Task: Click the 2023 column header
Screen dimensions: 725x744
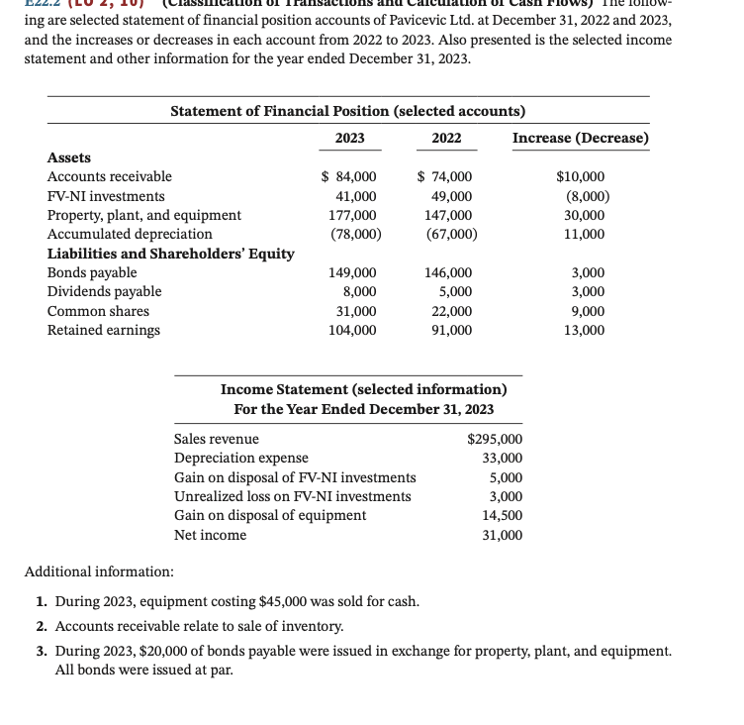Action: click(349, 138)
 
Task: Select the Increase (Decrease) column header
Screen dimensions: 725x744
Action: click(581, 138)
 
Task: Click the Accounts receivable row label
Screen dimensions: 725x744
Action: click(110, 176)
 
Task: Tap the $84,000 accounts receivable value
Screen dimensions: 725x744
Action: click(349, 176)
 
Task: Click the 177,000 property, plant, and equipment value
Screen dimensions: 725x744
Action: click(352, 215)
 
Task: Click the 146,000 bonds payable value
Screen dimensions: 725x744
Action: click(447, 272)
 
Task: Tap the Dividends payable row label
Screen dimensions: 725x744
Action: click(105, 291)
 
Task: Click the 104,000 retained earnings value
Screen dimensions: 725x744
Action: click(352, 330)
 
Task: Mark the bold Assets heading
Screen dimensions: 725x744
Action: click(69, 157)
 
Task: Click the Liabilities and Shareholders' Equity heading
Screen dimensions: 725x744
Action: click(171, 254)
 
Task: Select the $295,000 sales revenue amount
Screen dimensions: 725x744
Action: click(495, 439)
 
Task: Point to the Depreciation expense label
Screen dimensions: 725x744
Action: click(240, 458)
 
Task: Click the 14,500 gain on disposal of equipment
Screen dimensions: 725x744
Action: click(502, 515)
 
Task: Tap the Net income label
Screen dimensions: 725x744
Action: click(210, 535)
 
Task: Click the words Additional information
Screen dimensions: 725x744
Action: click(99, 572)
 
